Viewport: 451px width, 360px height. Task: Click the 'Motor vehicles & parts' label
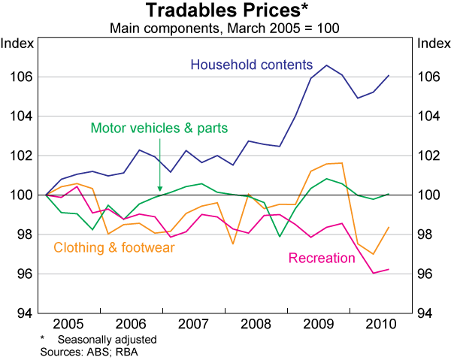[159, 127]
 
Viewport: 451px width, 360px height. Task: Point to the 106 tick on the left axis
[21, 77]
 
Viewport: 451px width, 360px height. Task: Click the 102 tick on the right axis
[429, 156]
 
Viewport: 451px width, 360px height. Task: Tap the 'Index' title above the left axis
[18, 42]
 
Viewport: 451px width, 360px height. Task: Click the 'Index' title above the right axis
[431, 42]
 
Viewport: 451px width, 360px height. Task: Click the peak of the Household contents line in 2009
[325, 65]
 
